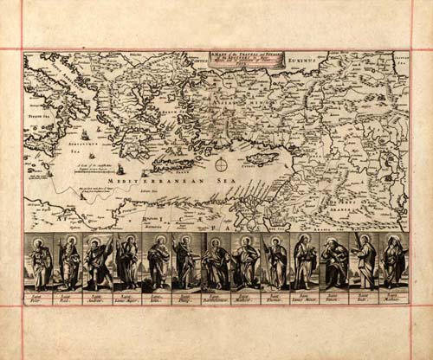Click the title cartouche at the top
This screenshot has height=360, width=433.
click(x=232, y=58)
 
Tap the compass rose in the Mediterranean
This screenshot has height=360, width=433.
click(x=222, y=164)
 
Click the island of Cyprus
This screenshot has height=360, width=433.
click(x=262, y=159)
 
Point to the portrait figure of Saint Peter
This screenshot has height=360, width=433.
click(x=40, y=262)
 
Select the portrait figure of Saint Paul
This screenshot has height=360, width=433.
click(x=69, y=262)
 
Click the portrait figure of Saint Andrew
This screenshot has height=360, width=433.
click(x=98, y=262)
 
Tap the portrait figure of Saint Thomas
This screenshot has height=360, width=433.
click(x=275, y=262)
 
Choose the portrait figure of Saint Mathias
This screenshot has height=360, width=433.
click(x=394, y=262)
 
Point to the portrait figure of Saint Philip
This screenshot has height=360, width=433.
click(x=186, y=262)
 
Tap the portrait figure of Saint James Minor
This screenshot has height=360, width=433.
click(x=305, y=262)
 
